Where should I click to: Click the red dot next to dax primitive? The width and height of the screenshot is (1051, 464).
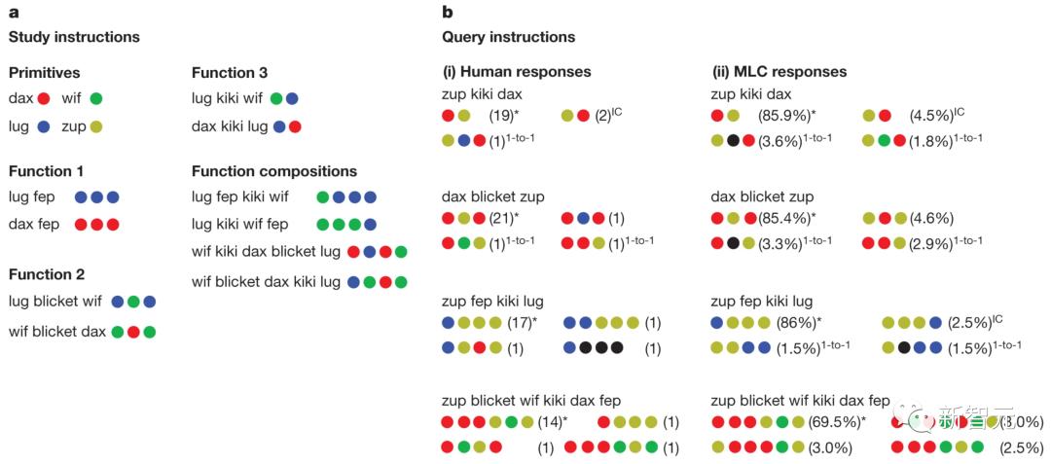pos(43,98)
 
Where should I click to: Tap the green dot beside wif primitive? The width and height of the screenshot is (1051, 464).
pos(95,98)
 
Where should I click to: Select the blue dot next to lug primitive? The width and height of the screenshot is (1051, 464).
pos(43,126)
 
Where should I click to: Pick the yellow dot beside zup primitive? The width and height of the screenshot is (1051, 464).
pos(95,126)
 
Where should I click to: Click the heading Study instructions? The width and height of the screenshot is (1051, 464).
pos(74,37)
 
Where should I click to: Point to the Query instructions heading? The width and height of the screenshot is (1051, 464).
pos(508,37)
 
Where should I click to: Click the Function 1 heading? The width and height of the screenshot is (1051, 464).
pos(40,171)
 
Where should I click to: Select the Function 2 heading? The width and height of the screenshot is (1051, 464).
pos(40,274)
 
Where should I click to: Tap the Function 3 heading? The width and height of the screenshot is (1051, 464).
pos(230,72)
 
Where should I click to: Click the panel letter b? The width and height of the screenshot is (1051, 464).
pos(447,13)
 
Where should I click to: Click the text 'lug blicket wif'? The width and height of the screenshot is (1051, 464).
pos(54,302)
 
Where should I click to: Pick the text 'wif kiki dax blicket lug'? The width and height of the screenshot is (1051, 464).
pos(267,252)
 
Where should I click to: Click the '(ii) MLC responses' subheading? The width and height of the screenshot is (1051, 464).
pos(779,71)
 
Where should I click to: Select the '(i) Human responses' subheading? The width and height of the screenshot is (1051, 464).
pos(517,71)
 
